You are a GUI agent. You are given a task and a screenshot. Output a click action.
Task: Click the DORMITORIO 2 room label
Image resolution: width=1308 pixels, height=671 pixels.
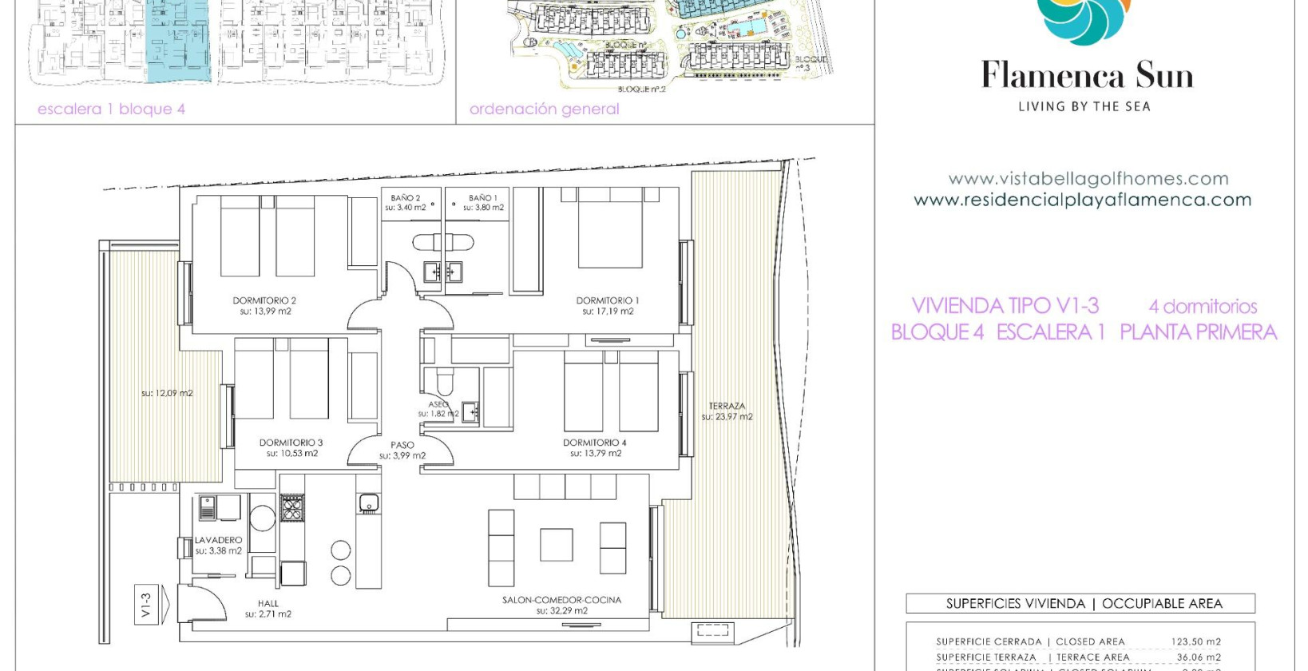[264, 300]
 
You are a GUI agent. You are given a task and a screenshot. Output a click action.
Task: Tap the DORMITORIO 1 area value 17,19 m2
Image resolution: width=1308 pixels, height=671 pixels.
[608, 312]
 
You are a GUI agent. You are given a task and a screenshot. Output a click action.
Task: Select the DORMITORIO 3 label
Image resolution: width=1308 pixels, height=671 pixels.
[291, 443]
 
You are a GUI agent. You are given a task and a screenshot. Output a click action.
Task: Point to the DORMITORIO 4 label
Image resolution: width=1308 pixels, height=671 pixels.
[595, 443]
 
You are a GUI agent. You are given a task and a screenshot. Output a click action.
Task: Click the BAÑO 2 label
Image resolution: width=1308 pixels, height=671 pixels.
[405, 198]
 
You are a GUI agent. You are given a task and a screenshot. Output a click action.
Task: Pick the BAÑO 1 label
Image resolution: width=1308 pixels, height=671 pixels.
[483, 198]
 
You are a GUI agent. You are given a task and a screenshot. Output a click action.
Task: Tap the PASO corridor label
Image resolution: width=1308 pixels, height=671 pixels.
[402, 445]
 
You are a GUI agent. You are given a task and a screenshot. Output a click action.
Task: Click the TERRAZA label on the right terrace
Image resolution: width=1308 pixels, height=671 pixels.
[727, 406]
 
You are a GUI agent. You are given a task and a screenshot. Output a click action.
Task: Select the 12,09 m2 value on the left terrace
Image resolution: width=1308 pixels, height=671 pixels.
[167, 393]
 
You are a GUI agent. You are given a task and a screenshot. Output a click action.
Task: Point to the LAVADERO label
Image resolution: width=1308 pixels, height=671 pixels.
[218, 540]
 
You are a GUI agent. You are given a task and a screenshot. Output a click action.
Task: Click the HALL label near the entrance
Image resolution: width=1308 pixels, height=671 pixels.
[268, 604]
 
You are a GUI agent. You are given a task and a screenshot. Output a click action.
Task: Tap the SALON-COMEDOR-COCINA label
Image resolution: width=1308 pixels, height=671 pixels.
[561, 600]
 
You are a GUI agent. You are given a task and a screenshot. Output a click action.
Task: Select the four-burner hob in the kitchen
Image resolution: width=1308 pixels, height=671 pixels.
[292, 507]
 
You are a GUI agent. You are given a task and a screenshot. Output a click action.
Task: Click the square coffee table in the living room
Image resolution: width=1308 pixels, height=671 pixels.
[556, 545]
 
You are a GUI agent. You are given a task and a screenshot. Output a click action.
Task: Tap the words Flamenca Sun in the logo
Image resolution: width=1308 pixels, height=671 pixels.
[1087, 76]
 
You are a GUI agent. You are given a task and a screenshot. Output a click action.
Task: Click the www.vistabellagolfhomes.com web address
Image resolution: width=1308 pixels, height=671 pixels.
[1088, 179]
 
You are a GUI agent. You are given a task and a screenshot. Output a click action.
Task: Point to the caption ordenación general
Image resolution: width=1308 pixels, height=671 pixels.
[544, 109]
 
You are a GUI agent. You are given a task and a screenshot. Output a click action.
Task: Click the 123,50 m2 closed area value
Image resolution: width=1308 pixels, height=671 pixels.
[1195, 641]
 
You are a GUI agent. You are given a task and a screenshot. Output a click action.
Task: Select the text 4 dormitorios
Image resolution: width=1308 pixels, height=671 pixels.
[1203, 306]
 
